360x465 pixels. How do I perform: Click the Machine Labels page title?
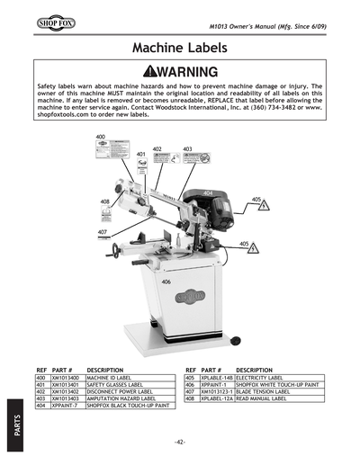(179, 46)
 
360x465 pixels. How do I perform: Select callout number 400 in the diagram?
(100, 137)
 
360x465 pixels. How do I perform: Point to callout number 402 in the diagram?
(157, 148)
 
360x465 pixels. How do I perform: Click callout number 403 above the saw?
(187, 148)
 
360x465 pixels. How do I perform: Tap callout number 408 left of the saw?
(105, 201)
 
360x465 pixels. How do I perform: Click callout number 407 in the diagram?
(103, 232)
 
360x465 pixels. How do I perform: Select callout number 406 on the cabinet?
(166, 282)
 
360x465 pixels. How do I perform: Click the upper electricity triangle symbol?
(264, 206)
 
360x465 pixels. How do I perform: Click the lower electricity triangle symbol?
(255, 249)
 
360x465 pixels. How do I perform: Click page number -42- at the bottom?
(179, 443)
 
